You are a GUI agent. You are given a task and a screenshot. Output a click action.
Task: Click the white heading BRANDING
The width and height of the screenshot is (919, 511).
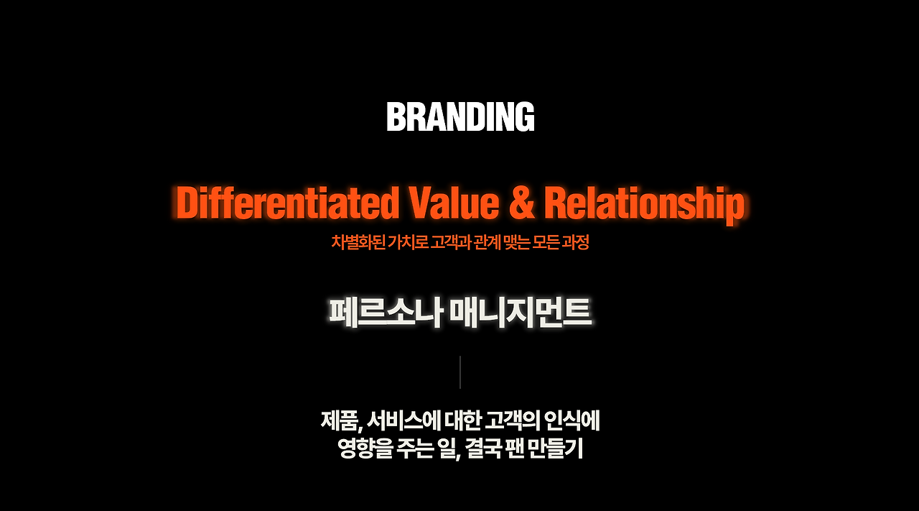pyautogui.click(x=460, y=116)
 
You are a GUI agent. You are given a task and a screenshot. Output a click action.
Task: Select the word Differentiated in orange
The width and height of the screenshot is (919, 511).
pyautogui.click(x=287, y=203)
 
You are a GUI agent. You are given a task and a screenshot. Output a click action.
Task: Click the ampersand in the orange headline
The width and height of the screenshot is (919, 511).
pyautogui.click(x=522, y=203)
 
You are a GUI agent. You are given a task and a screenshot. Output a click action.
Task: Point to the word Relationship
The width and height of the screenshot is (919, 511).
pyautogui.click(x=644, y=204)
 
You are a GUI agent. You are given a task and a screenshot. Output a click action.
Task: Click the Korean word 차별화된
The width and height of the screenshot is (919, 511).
pyautogui.click(x=357, y=242)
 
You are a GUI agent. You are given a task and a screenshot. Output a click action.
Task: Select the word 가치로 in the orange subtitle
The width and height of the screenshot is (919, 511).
pyautogui.click(x=407, y=242)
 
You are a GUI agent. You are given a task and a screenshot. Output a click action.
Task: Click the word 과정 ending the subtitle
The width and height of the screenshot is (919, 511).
pyautogui.click(x=574, y=242)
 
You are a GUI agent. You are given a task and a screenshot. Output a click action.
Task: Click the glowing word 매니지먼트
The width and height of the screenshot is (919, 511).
pyautogui.click(x=518, y=313)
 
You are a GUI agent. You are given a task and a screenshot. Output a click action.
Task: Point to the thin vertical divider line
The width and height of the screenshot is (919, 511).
pyautogui.click(x=460, y=372)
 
